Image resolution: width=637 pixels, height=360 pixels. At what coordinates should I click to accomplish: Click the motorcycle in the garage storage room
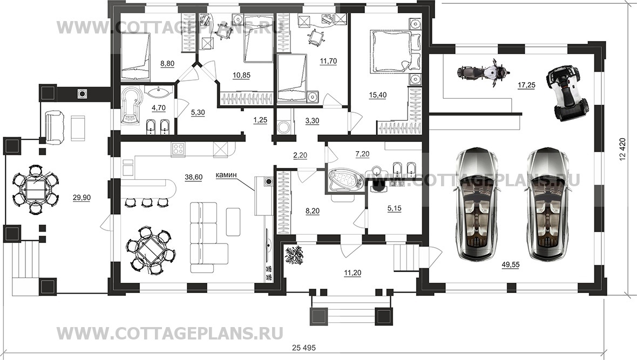[483, 72]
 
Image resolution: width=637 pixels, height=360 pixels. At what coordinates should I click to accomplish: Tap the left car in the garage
[478, 203]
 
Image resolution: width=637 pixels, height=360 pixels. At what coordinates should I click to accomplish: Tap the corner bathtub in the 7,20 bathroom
[344, 180]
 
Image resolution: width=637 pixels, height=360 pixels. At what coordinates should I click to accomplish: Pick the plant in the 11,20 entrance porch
[295, 255]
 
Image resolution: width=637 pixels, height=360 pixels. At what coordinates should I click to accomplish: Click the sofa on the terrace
[56, 125]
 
